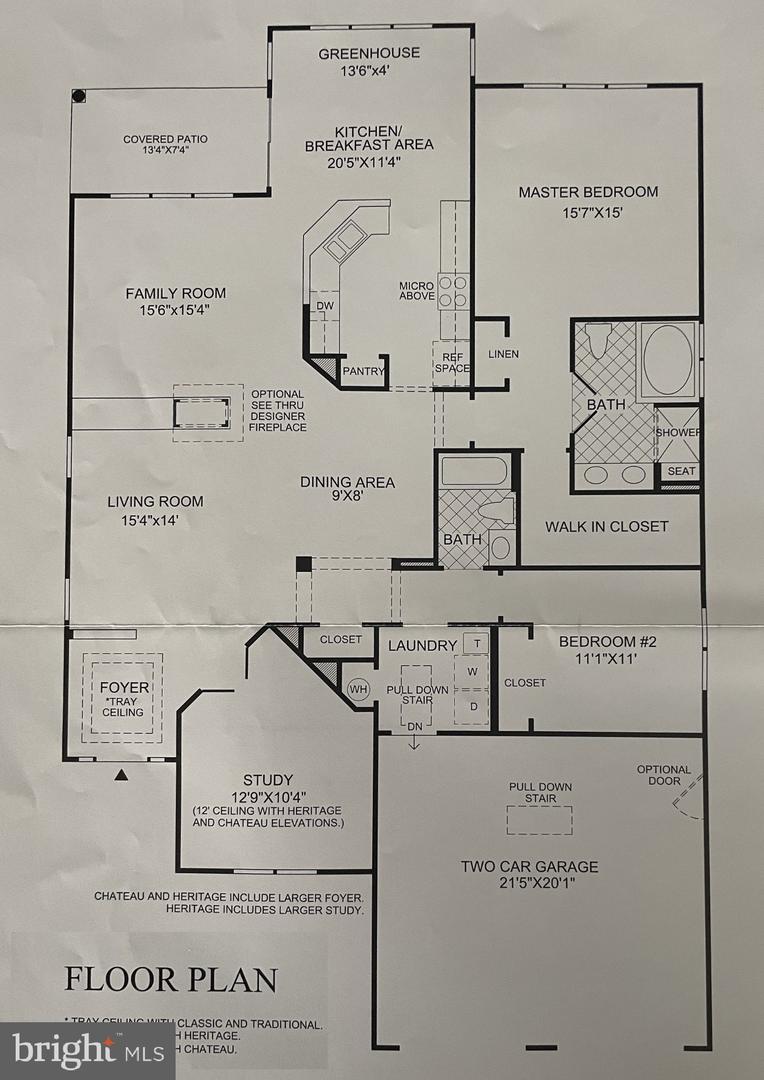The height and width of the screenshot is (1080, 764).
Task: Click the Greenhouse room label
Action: point(369,53)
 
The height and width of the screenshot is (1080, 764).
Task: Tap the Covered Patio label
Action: point(165,139)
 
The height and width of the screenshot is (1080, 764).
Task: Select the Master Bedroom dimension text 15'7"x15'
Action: point(588,213)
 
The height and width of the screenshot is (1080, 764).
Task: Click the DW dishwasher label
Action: point(324,306)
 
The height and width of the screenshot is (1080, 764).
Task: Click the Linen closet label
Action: point(503,354)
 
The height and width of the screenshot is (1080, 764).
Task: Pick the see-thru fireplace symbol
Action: point(208,412)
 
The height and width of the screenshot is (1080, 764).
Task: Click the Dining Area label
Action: point(347,482)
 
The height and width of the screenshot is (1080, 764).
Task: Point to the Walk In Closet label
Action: point(606,526)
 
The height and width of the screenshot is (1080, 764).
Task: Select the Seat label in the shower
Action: point(681,471)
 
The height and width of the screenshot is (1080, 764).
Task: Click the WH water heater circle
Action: point(358,688)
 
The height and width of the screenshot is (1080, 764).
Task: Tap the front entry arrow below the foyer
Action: point(121,774)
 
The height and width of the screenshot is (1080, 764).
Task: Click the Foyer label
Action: point(124,688)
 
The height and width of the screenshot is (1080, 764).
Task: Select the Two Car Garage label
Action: point(530,867)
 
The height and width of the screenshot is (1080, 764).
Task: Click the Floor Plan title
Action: point(171,979)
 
